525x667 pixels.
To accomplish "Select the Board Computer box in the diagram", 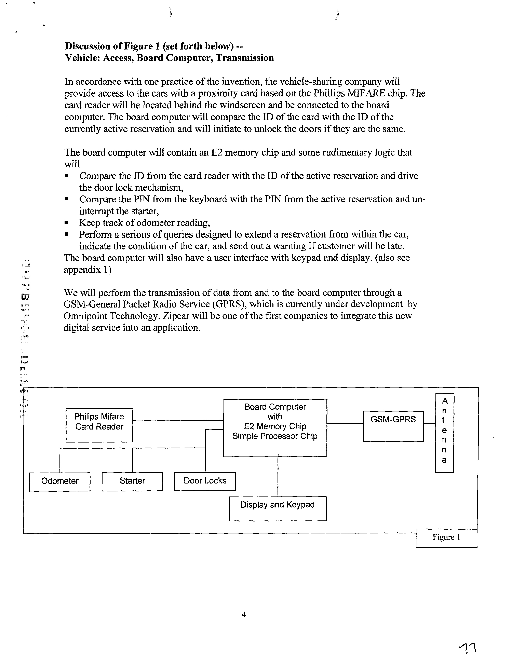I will coord(275,427).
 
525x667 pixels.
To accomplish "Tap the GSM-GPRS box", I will coord(393,426).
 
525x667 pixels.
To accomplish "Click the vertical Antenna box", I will coord(444,433).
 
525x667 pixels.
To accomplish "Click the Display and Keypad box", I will coord(278,508).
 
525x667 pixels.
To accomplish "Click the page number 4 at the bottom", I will coord(244,614).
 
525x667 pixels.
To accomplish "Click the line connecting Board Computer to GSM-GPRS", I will coord(345,424).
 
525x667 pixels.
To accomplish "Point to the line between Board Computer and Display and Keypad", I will coord(278,476).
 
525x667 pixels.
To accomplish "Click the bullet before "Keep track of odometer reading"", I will coord(66,222).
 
